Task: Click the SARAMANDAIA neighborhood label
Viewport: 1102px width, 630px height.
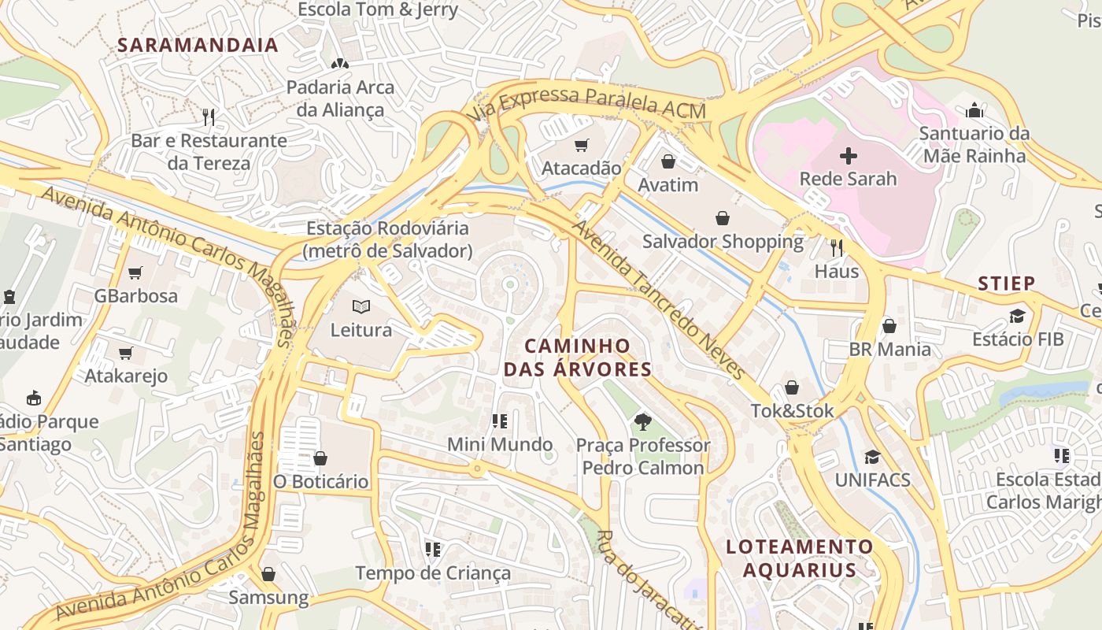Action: click(x=198, y=45)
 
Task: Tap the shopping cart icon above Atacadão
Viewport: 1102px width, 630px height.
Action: click(x=581, y=145)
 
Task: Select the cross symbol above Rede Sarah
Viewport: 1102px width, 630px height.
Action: click(x=848, y=155)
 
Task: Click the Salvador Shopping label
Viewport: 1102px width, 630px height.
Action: click(x=723, y=241)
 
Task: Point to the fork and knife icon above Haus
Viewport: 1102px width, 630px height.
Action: click(x=836, y=248)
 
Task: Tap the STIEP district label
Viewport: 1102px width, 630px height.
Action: click(x=1006, y=283)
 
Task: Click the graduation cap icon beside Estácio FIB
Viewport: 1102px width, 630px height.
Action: click(x=1017, y=317)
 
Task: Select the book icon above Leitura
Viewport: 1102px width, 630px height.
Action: click(x=361, y=306)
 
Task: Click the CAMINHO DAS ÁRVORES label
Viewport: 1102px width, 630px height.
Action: click(x=578, y=358)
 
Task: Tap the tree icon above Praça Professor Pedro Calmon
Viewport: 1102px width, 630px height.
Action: click(x=642, y=421)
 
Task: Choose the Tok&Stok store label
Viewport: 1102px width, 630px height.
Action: click(x=791, y=411)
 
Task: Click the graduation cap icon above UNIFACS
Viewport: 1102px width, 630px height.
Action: click(x=872, y=457)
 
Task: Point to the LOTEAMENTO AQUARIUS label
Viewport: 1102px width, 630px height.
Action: click(x=800, y=558)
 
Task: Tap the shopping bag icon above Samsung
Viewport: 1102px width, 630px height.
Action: click(x=268, y=574)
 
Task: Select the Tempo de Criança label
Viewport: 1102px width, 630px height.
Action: click(x=433, y=573)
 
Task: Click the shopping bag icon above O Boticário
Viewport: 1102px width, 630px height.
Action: click(x=320, y=458)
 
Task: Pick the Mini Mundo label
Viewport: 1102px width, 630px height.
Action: click(x=500, y=444)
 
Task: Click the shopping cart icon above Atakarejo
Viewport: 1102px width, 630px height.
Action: click(x=126, y=353)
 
